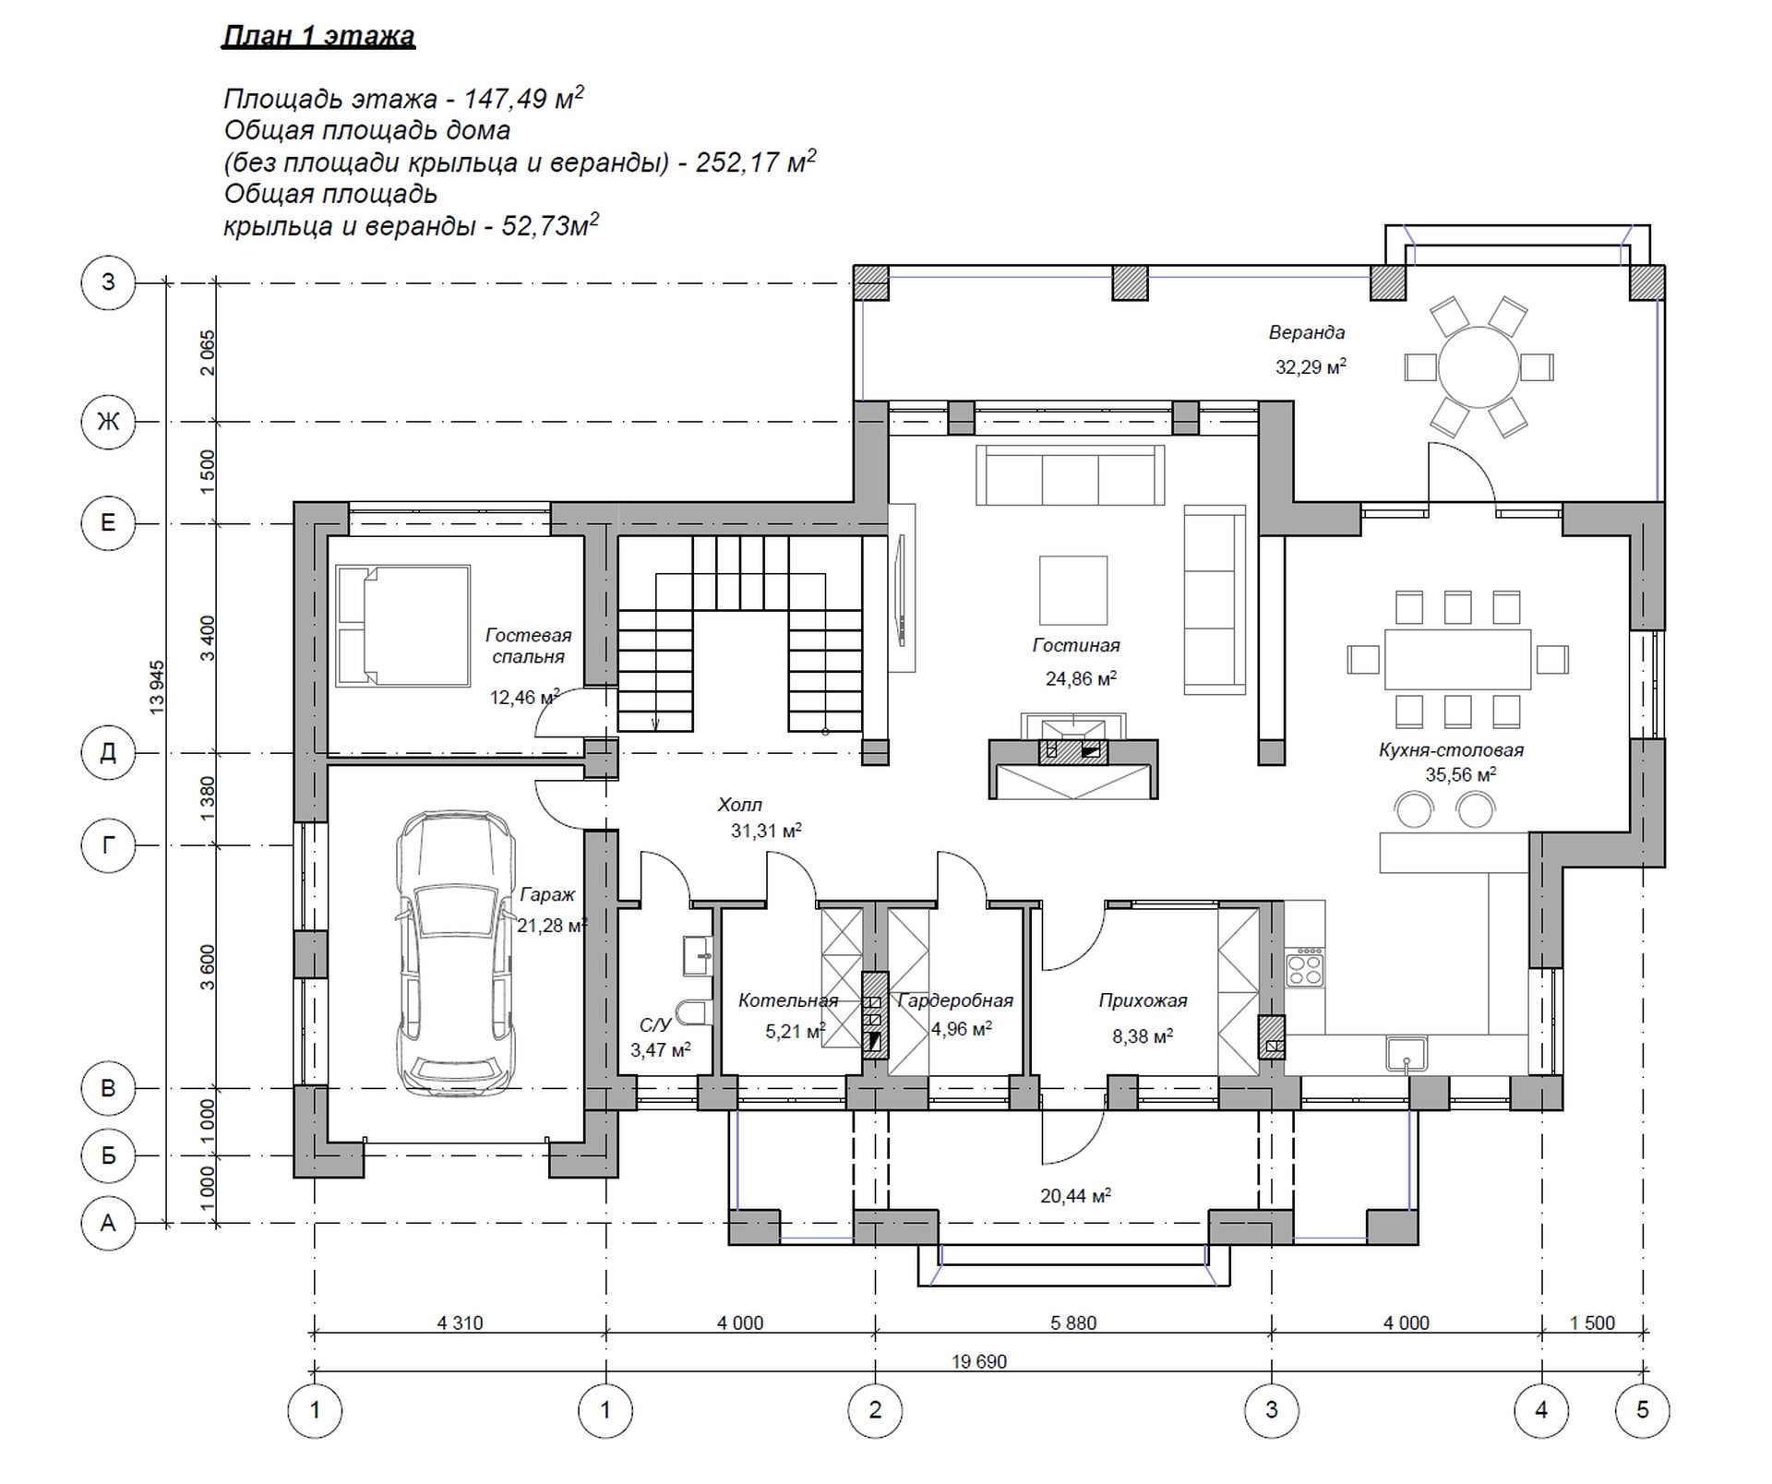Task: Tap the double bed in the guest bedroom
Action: (403, 626)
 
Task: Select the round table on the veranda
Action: (1479, 366)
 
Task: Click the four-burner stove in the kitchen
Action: (1304, 968)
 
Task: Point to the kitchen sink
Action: (1407, 1054)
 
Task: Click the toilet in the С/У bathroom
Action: (692, 1012)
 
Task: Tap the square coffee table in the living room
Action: (1073, 591)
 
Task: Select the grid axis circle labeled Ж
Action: (108, 422)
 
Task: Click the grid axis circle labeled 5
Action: (1643, 1410)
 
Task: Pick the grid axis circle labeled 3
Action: (1272, 1410)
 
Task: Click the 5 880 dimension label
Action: (1073, 1323)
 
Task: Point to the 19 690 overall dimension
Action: (979, 1361)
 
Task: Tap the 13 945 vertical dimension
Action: (157, 687)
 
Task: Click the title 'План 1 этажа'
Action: (319, 36)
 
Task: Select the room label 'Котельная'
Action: (788, 1000)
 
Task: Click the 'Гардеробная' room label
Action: (955, 1000)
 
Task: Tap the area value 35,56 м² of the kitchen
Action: (1461, 774)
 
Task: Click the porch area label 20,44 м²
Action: (1075, 1195)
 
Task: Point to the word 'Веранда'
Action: (1306, 332)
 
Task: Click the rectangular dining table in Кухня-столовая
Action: (1457, 659)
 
